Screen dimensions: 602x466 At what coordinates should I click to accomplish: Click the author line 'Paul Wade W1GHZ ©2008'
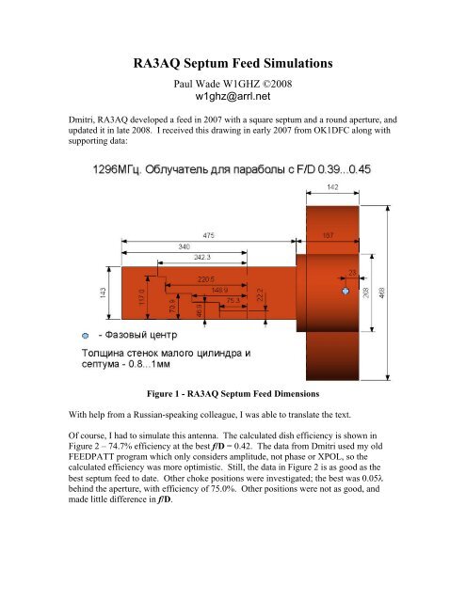(232, 83)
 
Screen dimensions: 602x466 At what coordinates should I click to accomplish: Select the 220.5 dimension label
(207, 279)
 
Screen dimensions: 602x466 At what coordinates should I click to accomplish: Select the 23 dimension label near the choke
(352, 273)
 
